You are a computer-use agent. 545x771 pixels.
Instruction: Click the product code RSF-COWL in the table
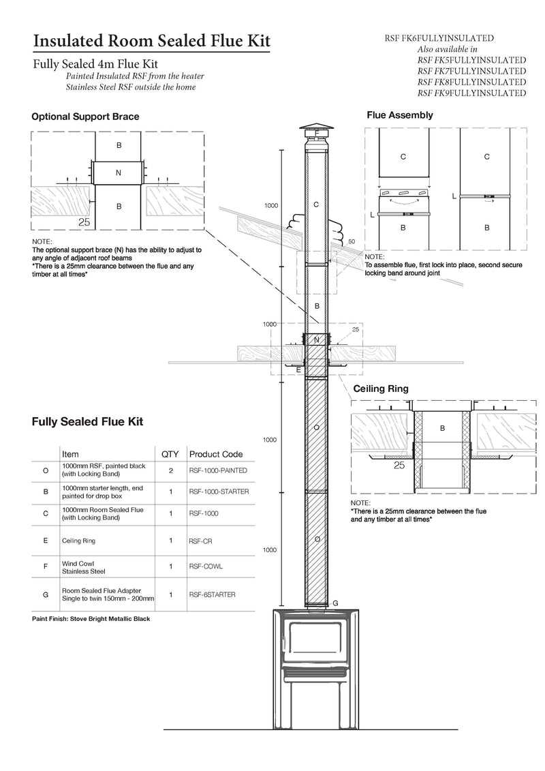tap(205, 566)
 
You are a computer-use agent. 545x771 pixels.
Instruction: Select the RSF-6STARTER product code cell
tap(212, 594)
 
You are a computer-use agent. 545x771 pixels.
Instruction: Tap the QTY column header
tap(169, 454)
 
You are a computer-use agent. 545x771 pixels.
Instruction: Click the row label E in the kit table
tap(45, 541)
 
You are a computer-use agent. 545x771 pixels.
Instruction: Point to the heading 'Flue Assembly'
tap(400, 115)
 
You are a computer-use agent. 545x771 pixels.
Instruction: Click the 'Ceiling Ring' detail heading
tap(380, 389)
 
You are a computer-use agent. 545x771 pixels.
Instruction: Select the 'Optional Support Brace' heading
tap(85, 117)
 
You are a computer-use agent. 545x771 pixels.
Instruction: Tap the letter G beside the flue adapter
tap(334, 603)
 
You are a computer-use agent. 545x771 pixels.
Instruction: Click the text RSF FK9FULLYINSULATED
tap(471, 93)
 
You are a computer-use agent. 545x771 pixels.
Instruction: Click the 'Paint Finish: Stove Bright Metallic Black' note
tap(91, 619)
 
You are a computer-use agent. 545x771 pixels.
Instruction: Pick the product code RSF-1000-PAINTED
tap(218, 470)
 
